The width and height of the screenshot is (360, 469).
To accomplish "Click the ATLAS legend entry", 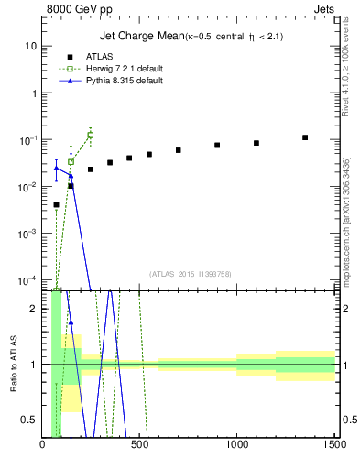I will tap(99, 56).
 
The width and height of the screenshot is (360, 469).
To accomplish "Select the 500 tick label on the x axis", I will tap(139, 446).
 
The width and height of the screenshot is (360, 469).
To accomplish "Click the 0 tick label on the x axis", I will tap(43, 446).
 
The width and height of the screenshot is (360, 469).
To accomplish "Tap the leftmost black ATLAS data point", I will tap(56, 205).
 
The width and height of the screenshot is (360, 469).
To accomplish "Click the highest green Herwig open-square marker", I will tap(90, 136).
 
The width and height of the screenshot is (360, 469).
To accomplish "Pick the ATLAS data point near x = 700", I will tap(179, 150).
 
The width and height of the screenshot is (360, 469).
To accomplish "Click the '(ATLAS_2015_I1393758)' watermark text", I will tap(190, 273).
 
